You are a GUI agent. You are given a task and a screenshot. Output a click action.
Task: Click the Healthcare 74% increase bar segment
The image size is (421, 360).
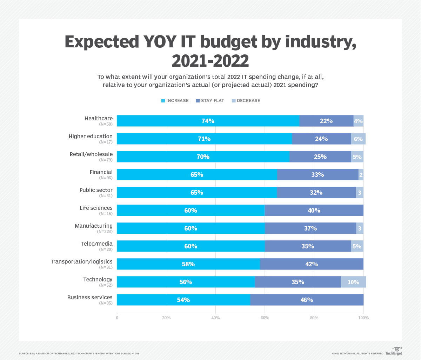pyautogui.click(x=208, y=121)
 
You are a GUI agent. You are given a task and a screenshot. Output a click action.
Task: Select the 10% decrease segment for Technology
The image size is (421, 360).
pyautogui.click(x=353, y=282)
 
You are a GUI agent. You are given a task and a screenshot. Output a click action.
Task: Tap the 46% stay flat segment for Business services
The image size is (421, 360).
pyautogui.click(x=307, y=300)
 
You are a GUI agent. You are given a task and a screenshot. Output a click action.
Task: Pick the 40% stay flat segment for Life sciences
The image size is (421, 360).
pyautogui.click(x=314, y=211)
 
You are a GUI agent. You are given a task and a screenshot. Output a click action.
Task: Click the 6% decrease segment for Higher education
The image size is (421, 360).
pyautogui.click(x=358, y=139)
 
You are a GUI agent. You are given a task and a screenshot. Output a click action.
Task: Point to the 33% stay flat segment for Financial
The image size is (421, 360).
pyautogui.click(x=318, y=175)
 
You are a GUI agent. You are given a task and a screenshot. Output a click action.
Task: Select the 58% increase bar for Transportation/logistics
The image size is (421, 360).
pyautogui.click(x=188, y=264)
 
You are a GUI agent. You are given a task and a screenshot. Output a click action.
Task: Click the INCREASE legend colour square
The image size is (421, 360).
pyautogui.click(x=163, y=101)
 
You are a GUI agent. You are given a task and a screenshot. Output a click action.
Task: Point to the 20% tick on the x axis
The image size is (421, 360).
pyautogui.click(x=166, y=318)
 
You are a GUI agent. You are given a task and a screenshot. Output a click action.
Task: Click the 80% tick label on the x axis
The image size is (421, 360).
pyautogui.click(x=314, y=318)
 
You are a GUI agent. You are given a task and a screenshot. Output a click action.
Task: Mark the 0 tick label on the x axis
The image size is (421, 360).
pyautogui.click(x=117, y=318)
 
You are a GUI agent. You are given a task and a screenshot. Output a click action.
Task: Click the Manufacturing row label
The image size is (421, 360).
pyautogui.click(x=94, y=226)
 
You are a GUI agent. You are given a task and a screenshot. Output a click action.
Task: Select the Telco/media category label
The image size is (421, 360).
pyautogui.click(x=95, y=244)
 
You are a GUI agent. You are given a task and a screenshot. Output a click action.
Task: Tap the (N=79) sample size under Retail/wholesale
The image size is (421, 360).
pyautogui.click(x=106, y=160)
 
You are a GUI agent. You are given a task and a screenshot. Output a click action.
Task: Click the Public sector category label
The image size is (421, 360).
pyautogui.click(x=96, y=190)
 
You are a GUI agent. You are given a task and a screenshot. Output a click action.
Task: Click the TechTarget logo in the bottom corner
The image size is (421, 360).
pyautogui.click(x=394, y=351)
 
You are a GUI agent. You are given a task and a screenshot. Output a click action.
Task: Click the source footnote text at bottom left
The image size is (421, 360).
pyautogui.click(x=79, y=353)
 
